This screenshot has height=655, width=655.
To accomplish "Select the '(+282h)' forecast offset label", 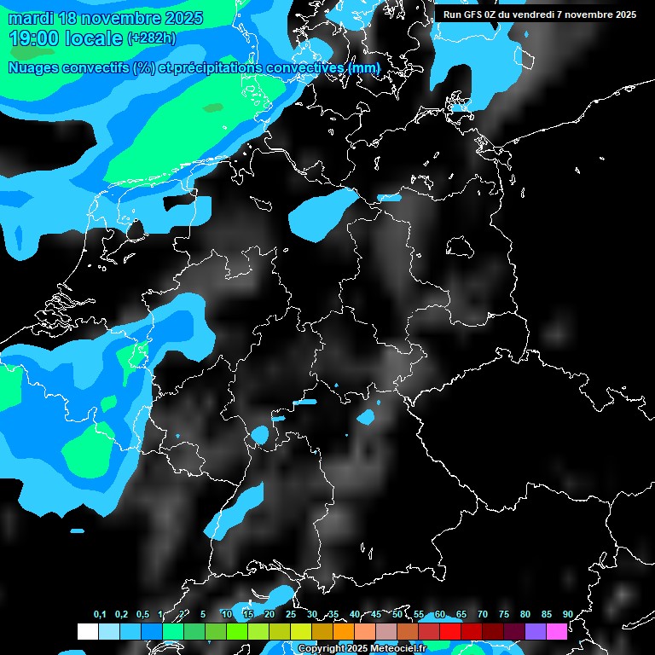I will [x=152, y=38].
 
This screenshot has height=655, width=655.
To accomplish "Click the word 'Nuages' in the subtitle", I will [x=35, y=67].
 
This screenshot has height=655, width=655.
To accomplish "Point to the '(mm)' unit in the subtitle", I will [x=363, y=67].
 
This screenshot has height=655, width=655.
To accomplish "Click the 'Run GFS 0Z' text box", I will [x=540, y=14].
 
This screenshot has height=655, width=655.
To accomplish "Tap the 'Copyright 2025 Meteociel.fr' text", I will [x=362, y=649].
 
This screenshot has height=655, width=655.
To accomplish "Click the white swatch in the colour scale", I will [x=88, y=631].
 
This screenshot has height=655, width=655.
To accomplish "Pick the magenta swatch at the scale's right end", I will [x=557, y=631].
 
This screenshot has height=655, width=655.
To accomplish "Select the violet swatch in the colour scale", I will [x=536, y=631].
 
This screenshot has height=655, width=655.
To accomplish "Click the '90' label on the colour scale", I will [x=568, y=615].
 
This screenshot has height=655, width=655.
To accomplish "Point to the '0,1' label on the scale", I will [x=100, y=615].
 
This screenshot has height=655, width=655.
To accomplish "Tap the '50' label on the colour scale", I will [x=397, y=615].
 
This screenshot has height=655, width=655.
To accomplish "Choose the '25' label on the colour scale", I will [x=291, y=615].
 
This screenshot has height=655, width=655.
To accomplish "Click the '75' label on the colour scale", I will [x=504, y=615].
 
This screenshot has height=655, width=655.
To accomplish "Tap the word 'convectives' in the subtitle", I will [x=304, y=67].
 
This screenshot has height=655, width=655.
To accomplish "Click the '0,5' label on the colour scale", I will [x=142, y=615].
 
